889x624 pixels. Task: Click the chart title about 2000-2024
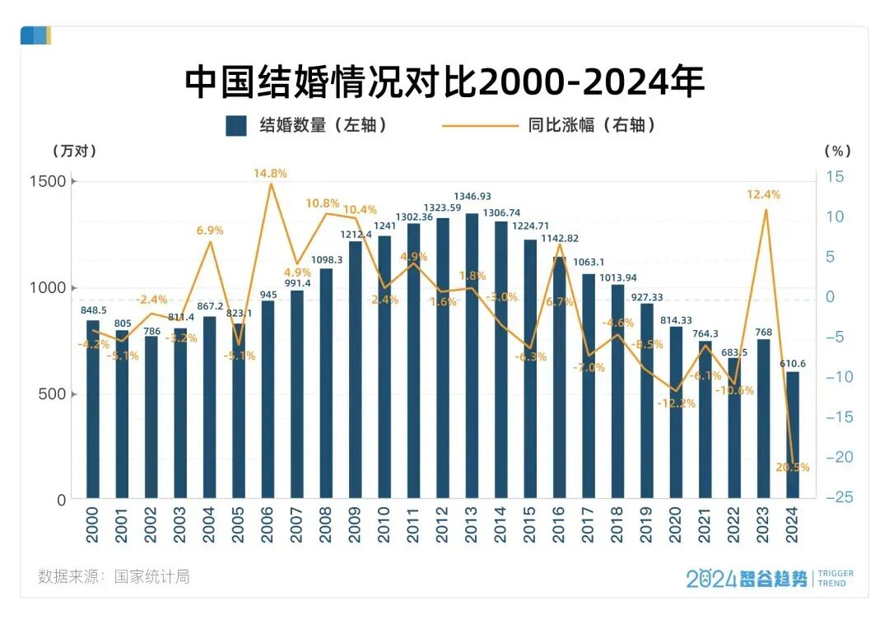pyautogui.click(x=444, y=82)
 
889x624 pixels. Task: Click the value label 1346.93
pyautogui.click(x=473, y=197)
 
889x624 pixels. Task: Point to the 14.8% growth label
pyautogui.click(x=270, y=174)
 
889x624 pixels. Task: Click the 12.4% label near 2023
pyautogui.click(x=764, y=194)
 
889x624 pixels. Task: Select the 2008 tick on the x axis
pyautogui.click(x=326, y=524)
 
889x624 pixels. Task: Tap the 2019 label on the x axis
pyautogui.click(x=647, y=524)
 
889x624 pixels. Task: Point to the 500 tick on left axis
pyautogui.click(x=53, y=393)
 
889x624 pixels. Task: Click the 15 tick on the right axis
pyautogui.click(x=835, y=176)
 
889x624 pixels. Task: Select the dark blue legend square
pyautogui.click(x=236, y=125)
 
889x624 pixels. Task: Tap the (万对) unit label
pyautogui.click(x=74, y=151)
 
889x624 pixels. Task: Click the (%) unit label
pyautogui.click(x=837, y=151)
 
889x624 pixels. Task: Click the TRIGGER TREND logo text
pyautogui.click(x=834, y=578)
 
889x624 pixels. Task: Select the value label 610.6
pyautogui.click(x=793, y=364)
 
